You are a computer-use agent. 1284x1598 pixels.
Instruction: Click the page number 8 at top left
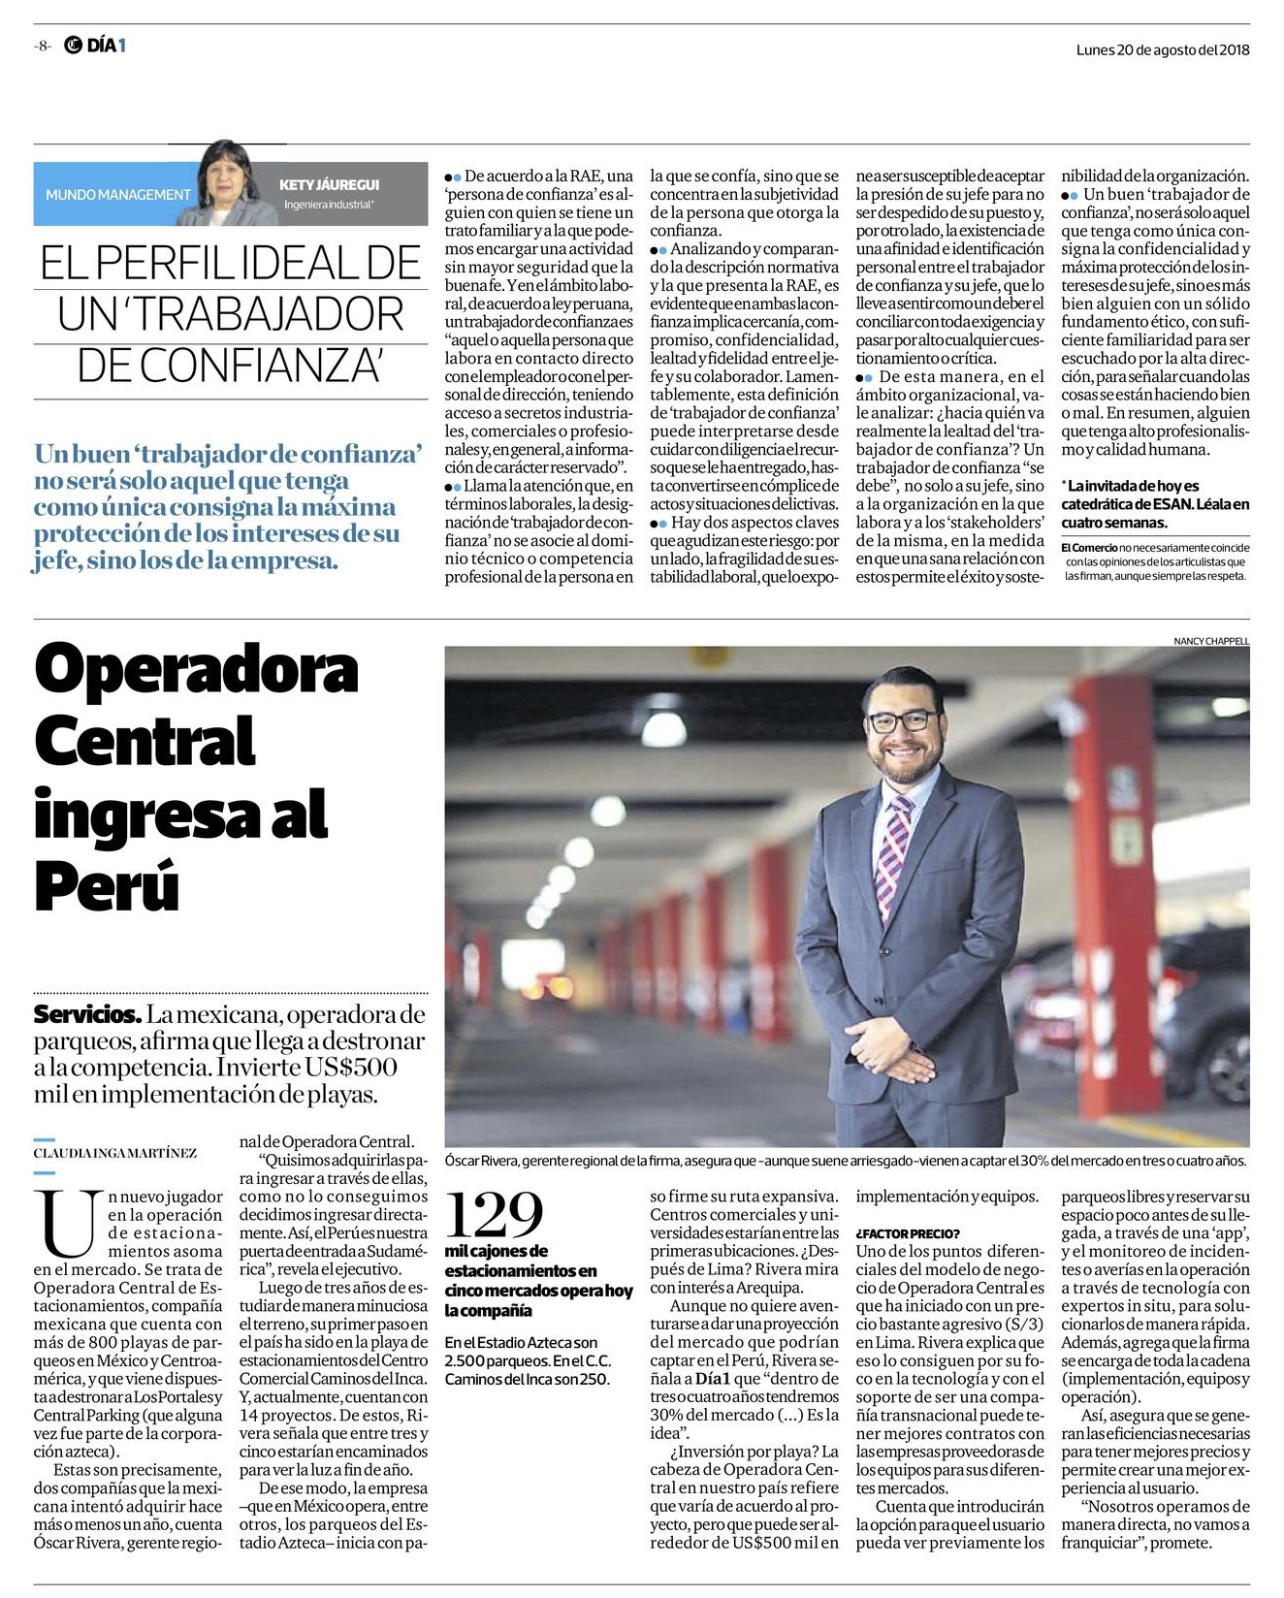(x=43, y=46)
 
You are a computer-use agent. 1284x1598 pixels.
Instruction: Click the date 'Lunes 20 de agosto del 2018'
(x=1162, y=49)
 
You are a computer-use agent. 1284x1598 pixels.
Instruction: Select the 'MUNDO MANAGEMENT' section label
(x=118, y=195)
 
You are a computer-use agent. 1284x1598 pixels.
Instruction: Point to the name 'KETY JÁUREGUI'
(x=329, y=184)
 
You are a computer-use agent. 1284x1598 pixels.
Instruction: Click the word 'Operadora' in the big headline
(x=196, y=670)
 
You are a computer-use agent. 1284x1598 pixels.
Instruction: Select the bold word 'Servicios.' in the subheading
(x=87, y=1016)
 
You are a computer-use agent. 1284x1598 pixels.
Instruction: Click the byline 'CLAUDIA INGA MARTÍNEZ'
(x=115, y=1153)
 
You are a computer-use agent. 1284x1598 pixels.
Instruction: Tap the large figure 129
(x=494, y=1213)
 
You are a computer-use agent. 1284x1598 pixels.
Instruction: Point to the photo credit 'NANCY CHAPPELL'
(x=1211, y=641)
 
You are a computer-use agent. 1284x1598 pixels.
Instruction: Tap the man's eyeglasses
(x=904, y=721)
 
